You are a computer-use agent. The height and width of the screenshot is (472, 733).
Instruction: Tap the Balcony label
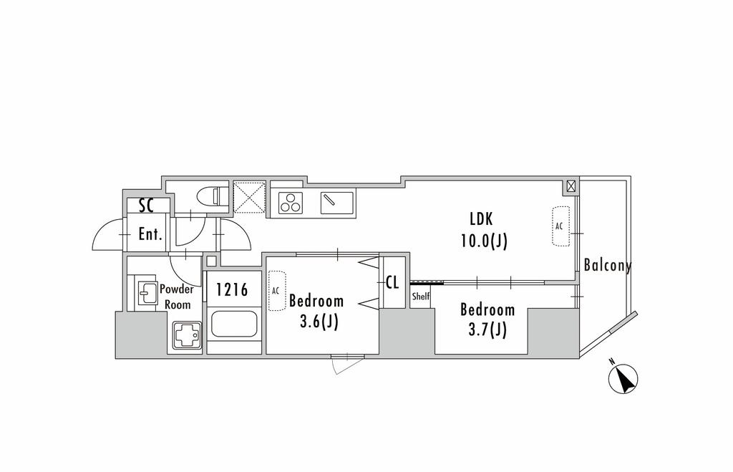tap(607, 266)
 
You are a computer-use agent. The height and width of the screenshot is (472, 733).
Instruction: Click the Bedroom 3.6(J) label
tap(316, 311)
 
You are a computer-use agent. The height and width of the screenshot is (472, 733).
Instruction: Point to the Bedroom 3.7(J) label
tap(487, 319)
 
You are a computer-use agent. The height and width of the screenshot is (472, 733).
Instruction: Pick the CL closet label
tap(392, 281)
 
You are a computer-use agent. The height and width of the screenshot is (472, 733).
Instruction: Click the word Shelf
tap(421, 296)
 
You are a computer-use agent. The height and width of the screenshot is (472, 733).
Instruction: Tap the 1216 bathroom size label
tap(233, 290)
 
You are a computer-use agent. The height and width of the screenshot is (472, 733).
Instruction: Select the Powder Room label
tap(176, 297)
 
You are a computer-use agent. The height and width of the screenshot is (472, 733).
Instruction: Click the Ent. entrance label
tap(150, 234)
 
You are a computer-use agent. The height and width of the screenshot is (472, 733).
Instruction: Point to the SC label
tap(147, 206)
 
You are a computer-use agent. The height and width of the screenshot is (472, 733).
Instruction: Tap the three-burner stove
tap(291, 202)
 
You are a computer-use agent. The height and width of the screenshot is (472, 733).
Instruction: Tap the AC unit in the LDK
tap(560, 226)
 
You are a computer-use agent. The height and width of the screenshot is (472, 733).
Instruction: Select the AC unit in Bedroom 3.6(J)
tap(276, 290)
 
